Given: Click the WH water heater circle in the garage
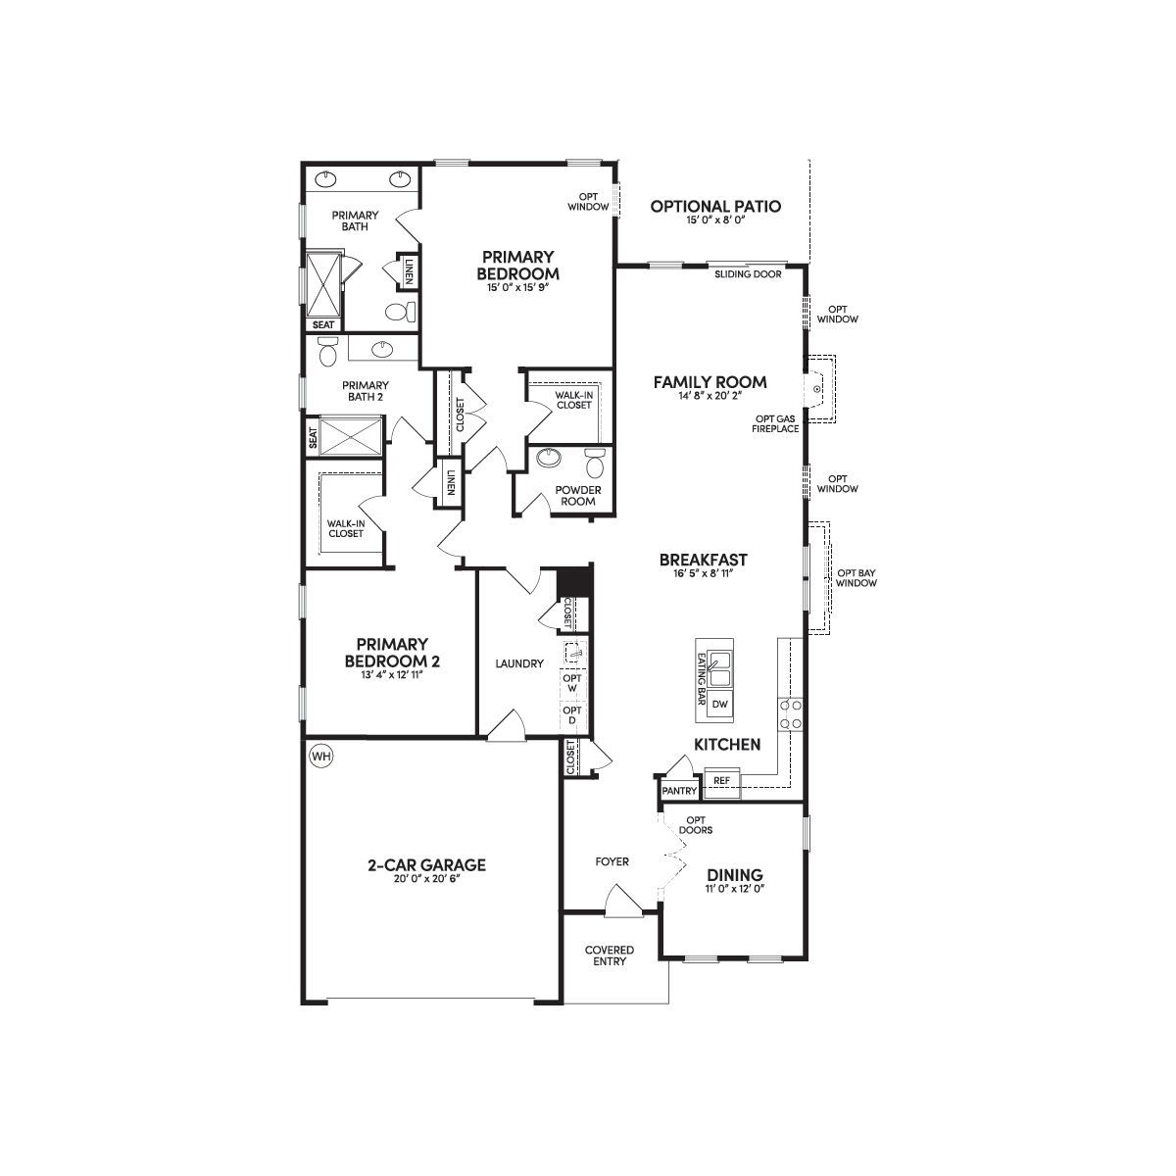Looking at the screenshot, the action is pyautogui.click(x=321, y=757).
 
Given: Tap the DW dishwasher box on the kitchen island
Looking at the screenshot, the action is pyautogui.click(x=720, y=704).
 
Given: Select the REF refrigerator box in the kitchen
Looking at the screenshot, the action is pyautogui.click(x=722, y=780).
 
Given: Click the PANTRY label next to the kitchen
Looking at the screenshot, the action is pyautogui.click(x=679, y=791).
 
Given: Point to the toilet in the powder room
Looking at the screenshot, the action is pyautogui.click(x=595, y=464).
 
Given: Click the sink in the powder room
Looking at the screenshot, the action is pyautogui.click(x=551, y=457).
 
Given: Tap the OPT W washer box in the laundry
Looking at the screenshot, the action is pyautogui.click(x=571, y=683).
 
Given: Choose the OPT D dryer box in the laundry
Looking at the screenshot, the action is pyautogui.click(x=571, y=715).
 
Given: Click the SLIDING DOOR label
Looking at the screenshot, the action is pyautogui.click(x=748, y=274).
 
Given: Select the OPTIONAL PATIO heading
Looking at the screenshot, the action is pyautogui.click(x=715, y=206).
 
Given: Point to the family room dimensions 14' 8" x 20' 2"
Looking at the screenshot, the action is pyautogui.click(x=710, y=396).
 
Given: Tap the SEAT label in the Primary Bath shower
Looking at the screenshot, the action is pyautogui.click(x=322, y=324).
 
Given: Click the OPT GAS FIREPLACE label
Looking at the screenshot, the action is pyautogui.click(x=775, y=423).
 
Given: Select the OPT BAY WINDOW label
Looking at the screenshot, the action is pyautogui.click(x=857, y=578).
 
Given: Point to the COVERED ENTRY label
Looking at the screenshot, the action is pyautogui.click(x=609, y=955).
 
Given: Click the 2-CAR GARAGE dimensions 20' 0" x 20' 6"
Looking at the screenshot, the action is pyautogui.click(x=426, y=878).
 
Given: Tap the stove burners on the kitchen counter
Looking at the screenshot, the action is pyautogui.click(x=790, y=714).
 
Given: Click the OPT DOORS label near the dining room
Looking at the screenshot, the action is pyautogui.click(x=696, y=825).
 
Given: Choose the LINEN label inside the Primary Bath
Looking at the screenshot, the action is pyautogui.click(x=410, y=271).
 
